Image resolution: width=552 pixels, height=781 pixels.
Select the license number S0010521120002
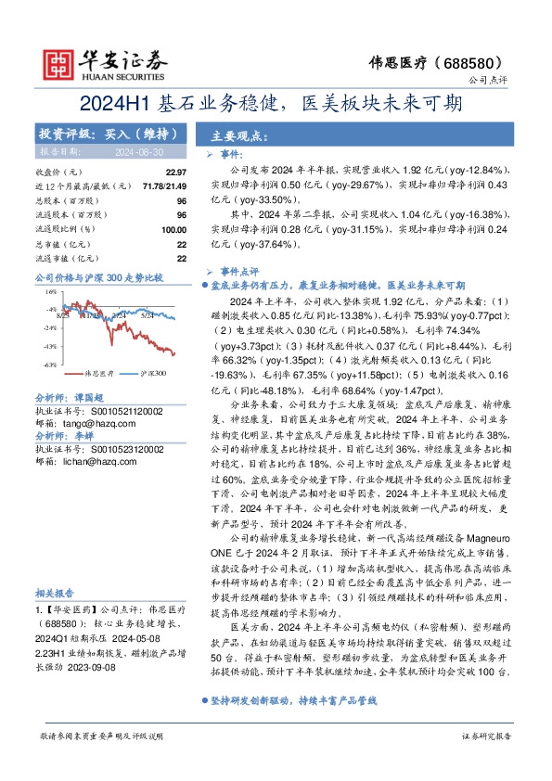click(x=125, y=409)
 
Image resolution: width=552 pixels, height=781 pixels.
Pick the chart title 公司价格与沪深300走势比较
click(x=98, y=277)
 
